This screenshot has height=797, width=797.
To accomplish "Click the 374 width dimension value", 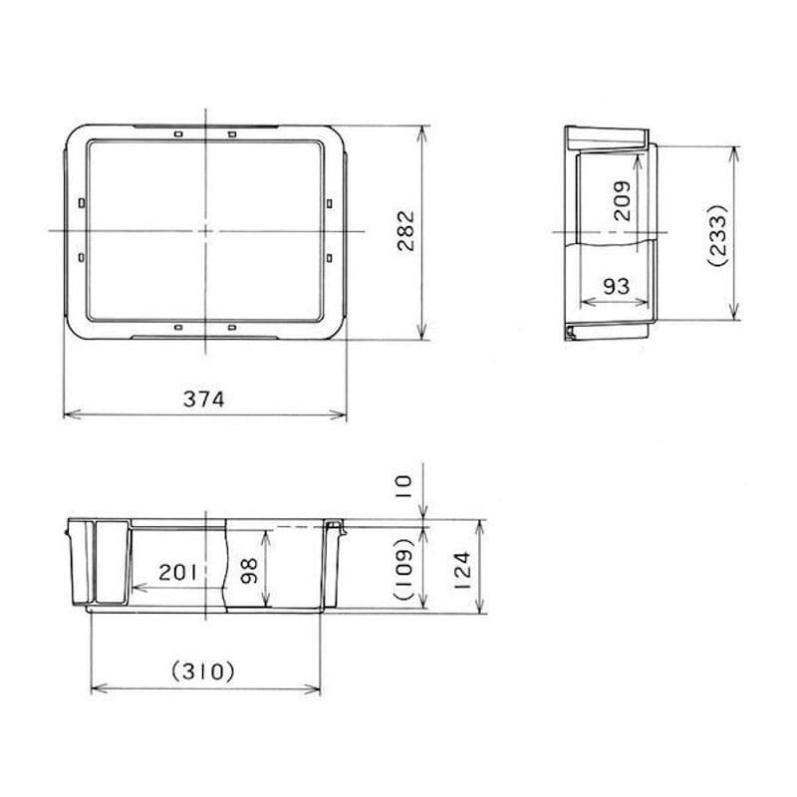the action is (x=203, y=399).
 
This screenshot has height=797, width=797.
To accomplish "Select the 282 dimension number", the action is (x=406, y=231).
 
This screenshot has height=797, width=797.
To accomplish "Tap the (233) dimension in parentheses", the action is (x=718, y=235).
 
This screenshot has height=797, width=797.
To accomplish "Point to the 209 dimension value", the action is (x=622, y=201).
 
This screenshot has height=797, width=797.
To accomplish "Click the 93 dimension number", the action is (x=616, y=287).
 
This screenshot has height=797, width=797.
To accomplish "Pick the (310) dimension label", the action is (x=203, y=671).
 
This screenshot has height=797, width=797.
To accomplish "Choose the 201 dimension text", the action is (x=177, y=573).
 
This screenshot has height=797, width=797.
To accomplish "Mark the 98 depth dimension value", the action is (x=250, y=571).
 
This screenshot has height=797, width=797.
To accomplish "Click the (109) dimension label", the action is (x=405, y=569).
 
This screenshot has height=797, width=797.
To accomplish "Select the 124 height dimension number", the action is (x=462, y=570).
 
